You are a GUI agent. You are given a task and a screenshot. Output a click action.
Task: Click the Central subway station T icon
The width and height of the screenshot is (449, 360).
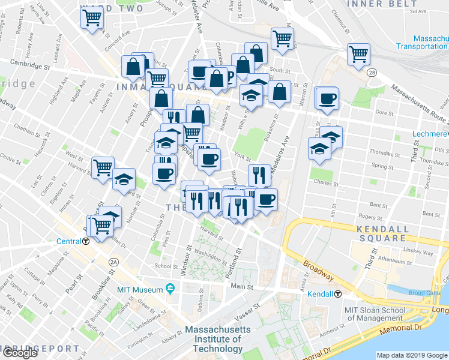click(86, 242)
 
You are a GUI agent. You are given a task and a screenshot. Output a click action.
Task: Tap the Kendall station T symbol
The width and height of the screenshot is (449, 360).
click(339, 294)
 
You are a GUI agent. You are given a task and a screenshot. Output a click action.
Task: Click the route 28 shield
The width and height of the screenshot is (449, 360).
click(373, 72)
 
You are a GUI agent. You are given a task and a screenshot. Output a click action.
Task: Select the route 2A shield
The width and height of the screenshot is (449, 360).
click(113, 262)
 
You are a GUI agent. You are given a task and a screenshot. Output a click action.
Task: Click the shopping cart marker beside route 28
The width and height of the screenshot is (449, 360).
click(358, 54)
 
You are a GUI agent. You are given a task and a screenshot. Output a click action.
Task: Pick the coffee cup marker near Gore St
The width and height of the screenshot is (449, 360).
click(327, 98)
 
